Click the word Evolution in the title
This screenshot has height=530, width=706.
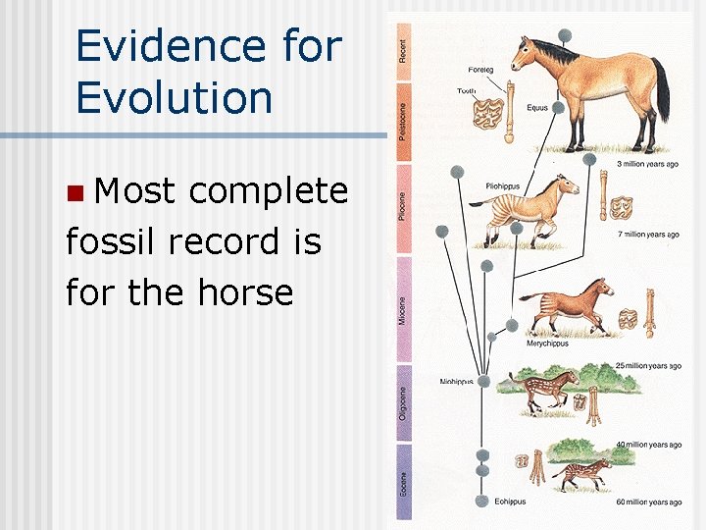pos(174,98)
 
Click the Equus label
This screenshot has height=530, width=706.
pos(537,107)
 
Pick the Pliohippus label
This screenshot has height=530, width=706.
pos(504,185)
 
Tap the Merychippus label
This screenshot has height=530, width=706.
pos(547,344)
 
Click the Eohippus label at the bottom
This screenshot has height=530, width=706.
pos(510,502)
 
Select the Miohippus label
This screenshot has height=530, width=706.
pos(457,382)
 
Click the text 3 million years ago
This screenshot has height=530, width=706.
pos(647,164)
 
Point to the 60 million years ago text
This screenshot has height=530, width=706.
pos(648,502)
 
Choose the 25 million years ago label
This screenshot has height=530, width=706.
pos(648,366)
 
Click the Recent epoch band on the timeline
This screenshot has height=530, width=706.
pos(403,47)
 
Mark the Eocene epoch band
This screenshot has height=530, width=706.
pos(403,482)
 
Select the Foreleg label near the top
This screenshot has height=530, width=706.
pos(481,71)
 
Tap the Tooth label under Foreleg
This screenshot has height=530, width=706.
pos(467,91)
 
